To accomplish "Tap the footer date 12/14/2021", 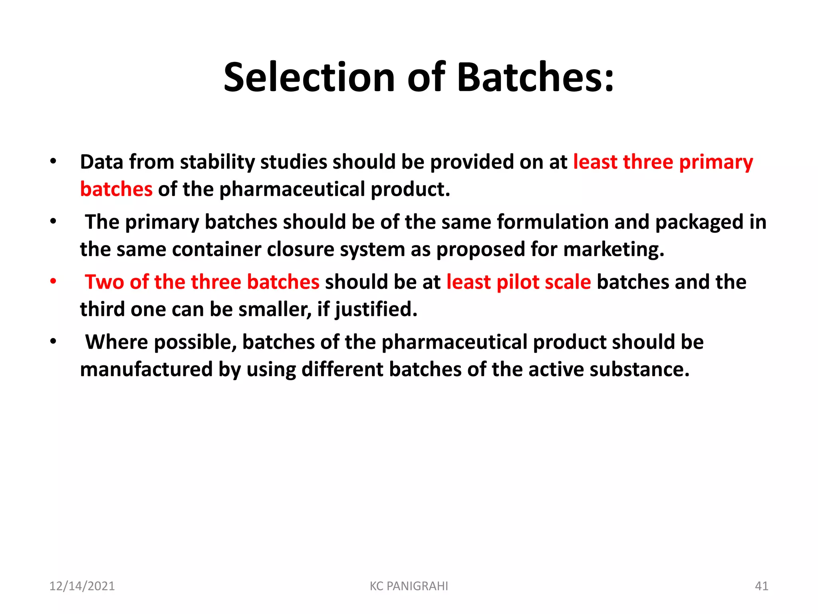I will tap(82, 586).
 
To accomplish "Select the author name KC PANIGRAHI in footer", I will tap(409, 586).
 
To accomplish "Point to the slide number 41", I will tap(761, 586).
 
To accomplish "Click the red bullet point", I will tap(53, 281).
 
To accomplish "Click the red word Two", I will tap(104, 282).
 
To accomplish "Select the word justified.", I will tap(375, 310).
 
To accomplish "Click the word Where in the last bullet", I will tap(116, 342).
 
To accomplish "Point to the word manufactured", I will tap(146, 369).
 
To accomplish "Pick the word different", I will tap(342, 369).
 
